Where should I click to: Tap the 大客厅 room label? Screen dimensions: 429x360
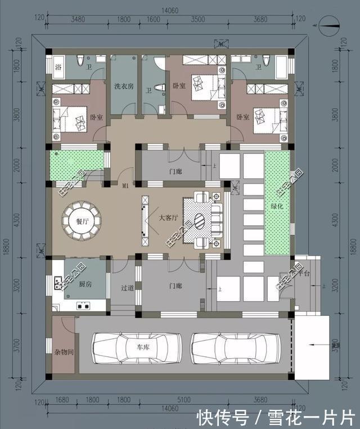pos(168,217)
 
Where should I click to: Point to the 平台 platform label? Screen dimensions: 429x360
pos(304,273)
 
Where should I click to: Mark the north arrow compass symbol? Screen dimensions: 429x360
pos(327,24)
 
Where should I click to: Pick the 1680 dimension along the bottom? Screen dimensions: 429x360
pos(62,401)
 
